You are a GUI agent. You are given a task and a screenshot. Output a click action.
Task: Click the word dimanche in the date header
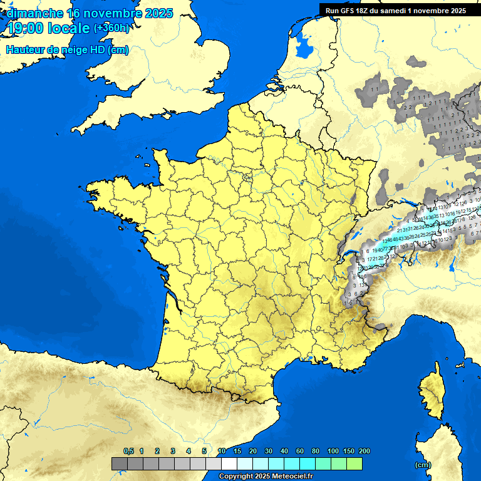click(x=35, y=13)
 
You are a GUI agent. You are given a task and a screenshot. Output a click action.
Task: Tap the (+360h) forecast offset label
click(x=112, y=28)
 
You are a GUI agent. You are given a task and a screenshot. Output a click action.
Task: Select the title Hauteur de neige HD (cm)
click(x=67, y=50)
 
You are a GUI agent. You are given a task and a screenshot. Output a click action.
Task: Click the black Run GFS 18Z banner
click(x=395, y=10)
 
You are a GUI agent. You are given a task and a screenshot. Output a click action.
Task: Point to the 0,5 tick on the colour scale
click(x=128, y=452)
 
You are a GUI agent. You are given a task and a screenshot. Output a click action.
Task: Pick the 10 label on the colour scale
click(x=222, y=452)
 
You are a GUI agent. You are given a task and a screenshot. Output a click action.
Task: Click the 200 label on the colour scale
click(x=364, y=452)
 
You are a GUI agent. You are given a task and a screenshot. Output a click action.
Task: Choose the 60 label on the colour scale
click(x=300, y=452)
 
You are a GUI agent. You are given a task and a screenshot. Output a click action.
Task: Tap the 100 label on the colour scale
click(x=333, y=452)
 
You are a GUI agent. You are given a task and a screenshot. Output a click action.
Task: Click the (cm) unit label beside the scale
click(x=423, y=465)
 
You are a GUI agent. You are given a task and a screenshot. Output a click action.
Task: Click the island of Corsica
click(x=431, y=391)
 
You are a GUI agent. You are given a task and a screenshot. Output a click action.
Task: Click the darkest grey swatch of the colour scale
click(x=120, y=464)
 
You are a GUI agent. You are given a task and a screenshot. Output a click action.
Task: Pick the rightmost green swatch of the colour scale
click(x=354, y=464)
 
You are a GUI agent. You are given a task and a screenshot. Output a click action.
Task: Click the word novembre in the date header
click(x=115, y=13)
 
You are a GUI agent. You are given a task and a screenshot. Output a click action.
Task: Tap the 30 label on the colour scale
click(x=269, y=452)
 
